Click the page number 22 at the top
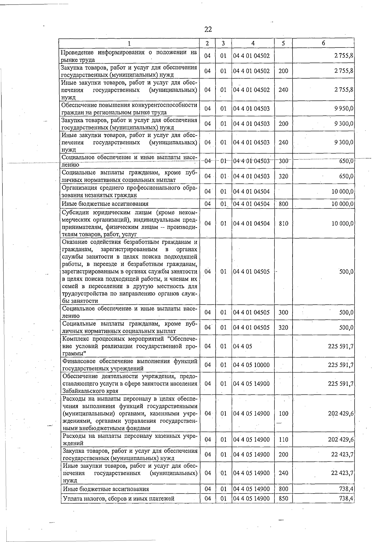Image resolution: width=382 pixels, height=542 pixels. pos(208,30)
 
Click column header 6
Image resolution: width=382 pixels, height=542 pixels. pos(323,43)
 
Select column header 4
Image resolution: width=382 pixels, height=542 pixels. pos(253,43)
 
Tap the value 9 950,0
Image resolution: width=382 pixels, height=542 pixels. pos(343,109)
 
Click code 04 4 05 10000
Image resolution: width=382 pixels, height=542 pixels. pos(251,365)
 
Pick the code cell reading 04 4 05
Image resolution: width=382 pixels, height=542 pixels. pos(243,346)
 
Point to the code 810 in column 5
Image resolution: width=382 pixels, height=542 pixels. pos(283,223)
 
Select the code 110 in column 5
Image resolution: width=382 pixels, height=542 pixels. pos(283,440)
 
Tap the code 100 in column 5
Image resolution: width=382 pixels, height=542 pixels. pos(283,414)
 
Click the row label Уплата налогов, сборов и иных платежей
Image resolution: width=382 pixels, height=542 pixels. pos(118,499)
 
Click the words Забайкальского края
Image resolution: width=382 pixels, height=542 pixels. pos(90,391)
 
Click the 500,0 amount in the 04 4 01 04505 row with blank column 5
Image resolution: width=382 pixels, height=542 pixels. pos(346,272)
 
